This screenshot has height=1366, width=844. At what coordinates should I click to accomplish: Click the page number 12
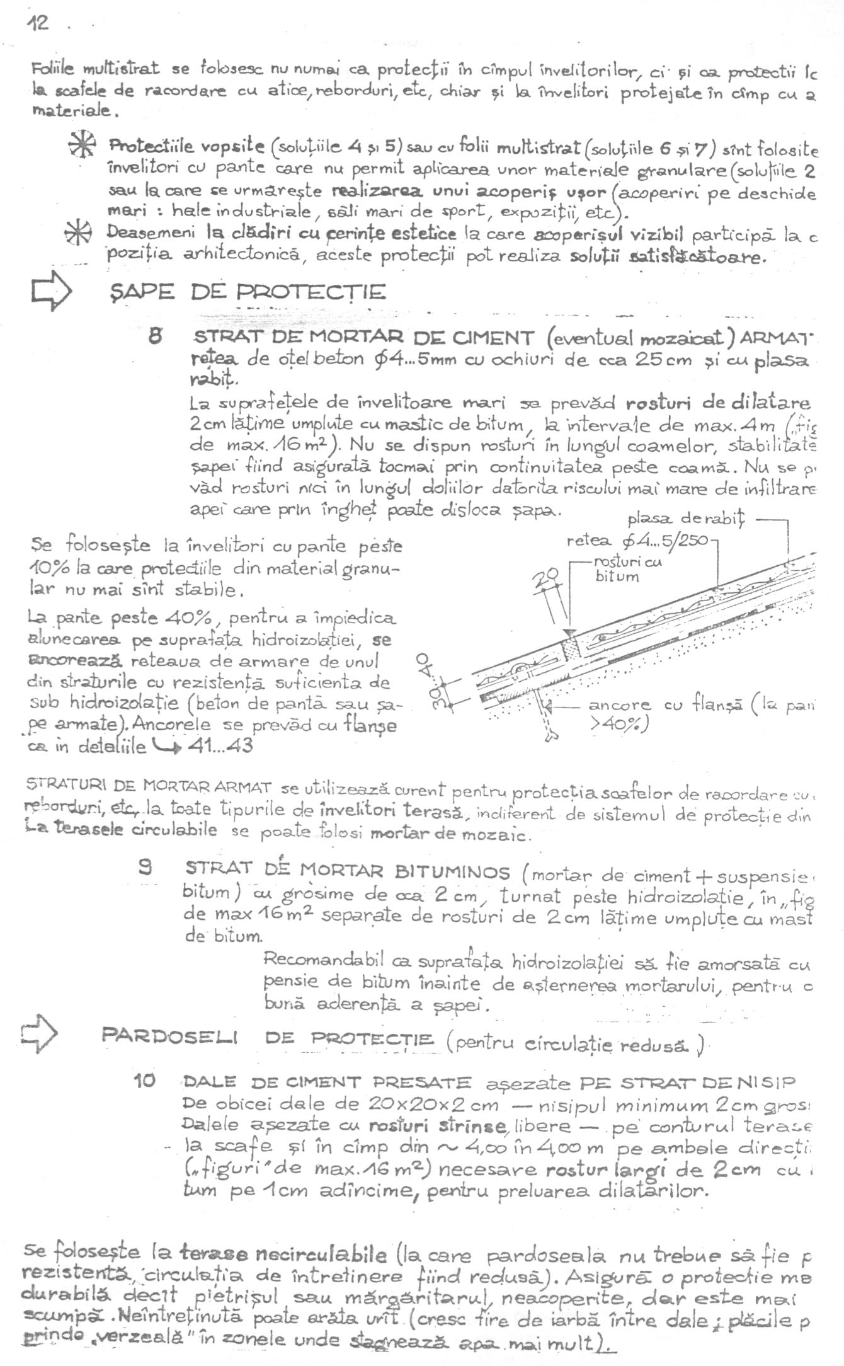(37, 23)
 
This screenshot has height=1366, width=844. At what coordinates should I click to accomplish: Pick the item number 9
(145, 869)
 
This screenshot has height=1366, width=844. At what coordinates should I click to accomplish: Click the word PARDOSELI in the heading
(169, 1036)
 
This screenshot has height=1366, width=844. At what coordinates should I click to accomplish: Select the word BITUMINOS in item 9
(452, 872)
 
